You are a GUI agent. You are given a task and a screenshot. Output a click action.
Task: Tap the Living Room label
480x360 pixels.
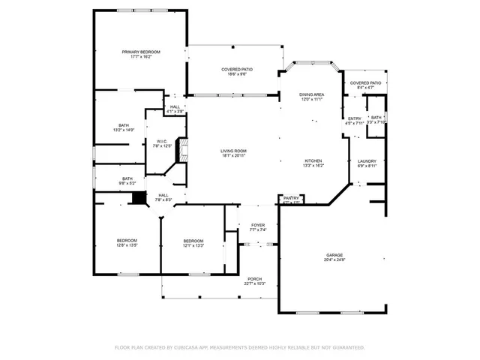(x=233, y=151)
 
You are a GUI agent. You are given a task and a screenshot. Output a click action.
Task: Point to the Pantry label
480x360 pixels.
(x=291, y=199)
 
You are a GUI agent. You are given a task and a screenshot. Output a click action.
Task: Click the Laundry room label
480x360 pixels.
(x=367, y=161)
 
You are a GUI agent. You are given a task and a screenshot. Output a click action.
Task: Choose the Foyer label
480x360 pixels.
(x=258, y=224)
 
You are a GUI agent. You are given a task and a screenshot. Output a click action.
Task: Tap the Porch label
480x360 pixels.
(x=255, y=279)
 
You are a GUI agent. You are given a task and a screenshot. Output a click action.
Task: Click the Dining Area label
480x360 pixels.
(x=311, y=94)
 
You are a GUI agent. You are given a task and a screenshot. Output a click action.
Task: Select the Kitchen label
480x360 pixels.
(x=313, y=161)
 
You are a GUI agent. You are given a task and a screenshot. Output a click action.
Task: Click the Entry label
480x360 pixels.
(x=354, y=118)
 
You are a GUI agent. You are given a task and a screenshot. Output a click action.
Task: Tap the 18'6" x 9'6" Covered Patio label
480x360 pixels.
(x=234, y=70)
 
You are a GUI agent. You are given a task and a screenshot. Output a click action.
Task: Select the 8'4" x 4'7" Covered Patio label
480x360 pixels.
(x=366, y=83)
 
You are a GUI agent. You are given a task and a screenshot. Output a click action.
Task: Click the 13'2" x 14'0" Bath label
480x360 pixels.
(x=123, y=125)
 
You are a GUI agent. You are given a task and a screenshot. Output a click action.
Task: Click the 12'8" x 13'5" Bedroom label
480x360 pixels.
(x=126, y=240)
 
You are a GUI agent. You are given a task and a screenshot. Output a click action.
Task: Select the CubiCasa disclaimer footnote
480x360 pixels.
(x=239, y=347)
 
